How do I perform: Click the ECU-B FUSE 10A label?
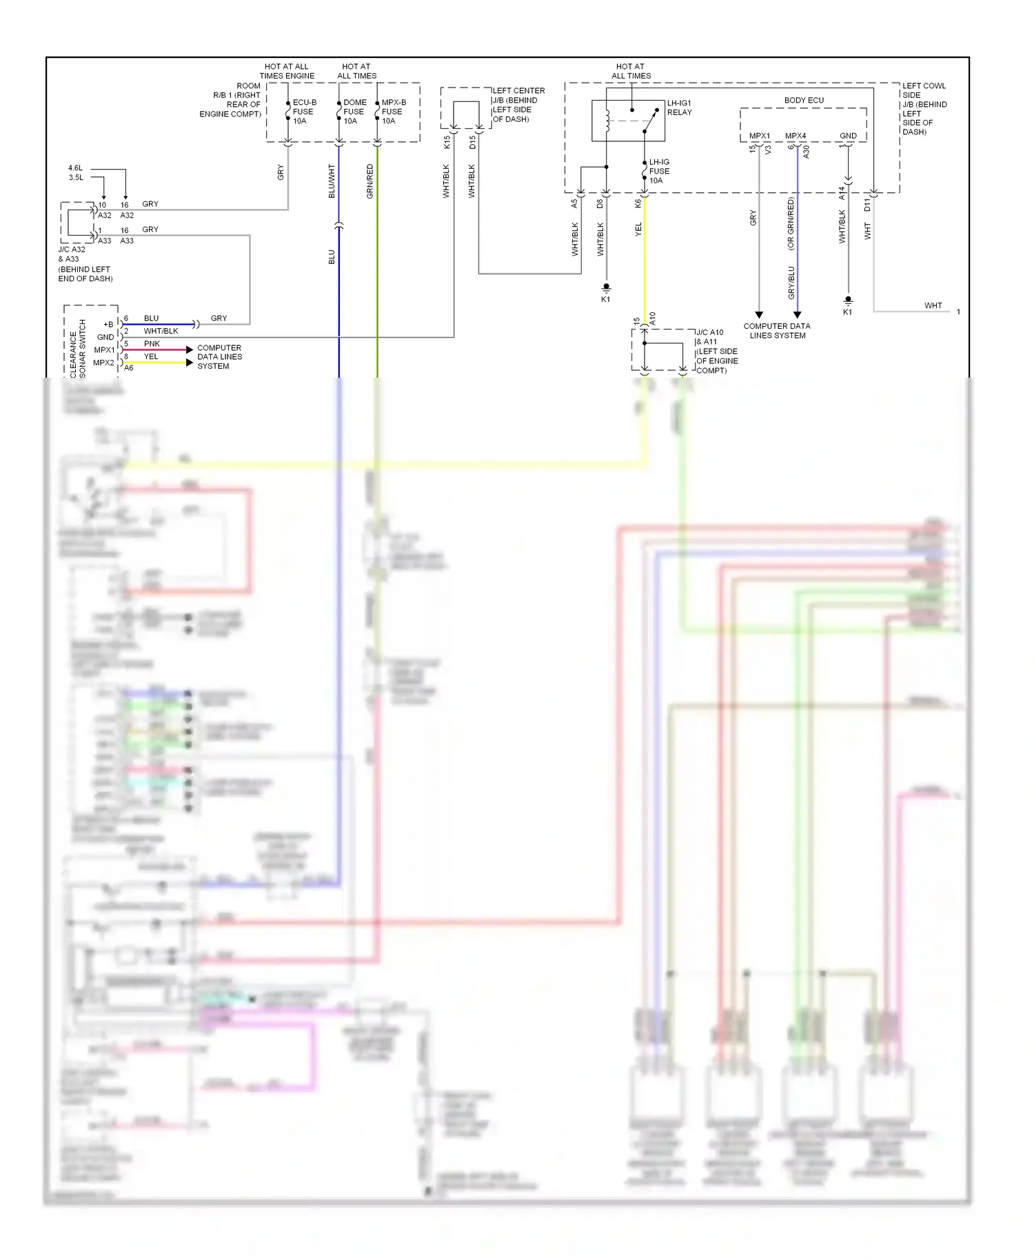303,112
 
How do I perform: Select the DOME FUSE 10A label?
354,112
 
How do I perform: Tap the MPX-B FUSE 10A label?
393,112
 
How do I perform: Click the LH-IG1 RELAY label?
679,108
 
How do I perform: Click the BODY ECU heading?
804,101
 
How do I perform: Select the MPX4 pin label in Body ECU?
795,136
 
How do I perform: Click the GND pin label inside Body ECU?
848,136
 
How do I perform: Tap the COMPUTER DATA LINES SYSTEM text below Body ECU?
777,331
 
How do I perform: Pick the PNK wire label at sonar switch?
152,343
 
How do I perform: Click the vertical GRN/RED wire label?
370,181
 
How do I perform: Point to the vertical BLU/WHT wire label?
332,181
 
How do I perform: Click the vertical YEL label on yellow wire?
638,230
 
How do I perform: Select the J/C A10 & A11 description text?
717,352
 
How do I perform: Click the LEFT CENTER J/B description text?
518,105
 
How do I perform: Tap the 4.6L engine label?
75,168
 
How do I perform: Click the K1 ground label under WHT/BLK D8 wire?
605,299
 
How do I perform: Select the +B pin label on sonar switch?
108,324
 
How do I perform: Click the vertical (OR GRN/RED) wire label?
791,224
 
